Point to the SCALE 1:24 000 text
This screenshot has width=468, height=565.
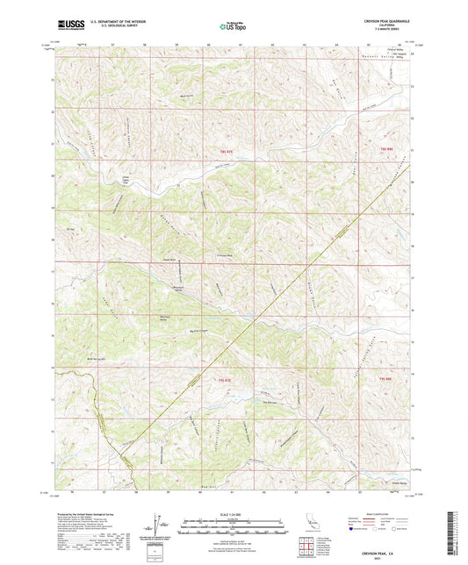click(x=233, y=512)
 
